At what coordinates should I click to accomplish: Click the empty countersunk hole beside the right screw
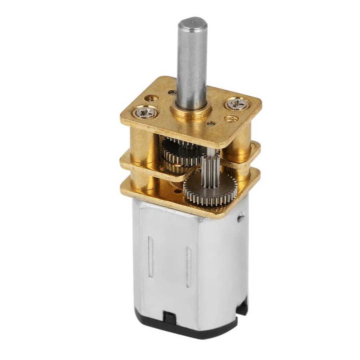click(231, 118)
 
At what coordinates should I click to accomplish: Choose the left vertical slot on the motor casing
click(150, 256)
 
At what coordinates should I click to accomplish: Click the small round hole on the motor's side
click(240, 218)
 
